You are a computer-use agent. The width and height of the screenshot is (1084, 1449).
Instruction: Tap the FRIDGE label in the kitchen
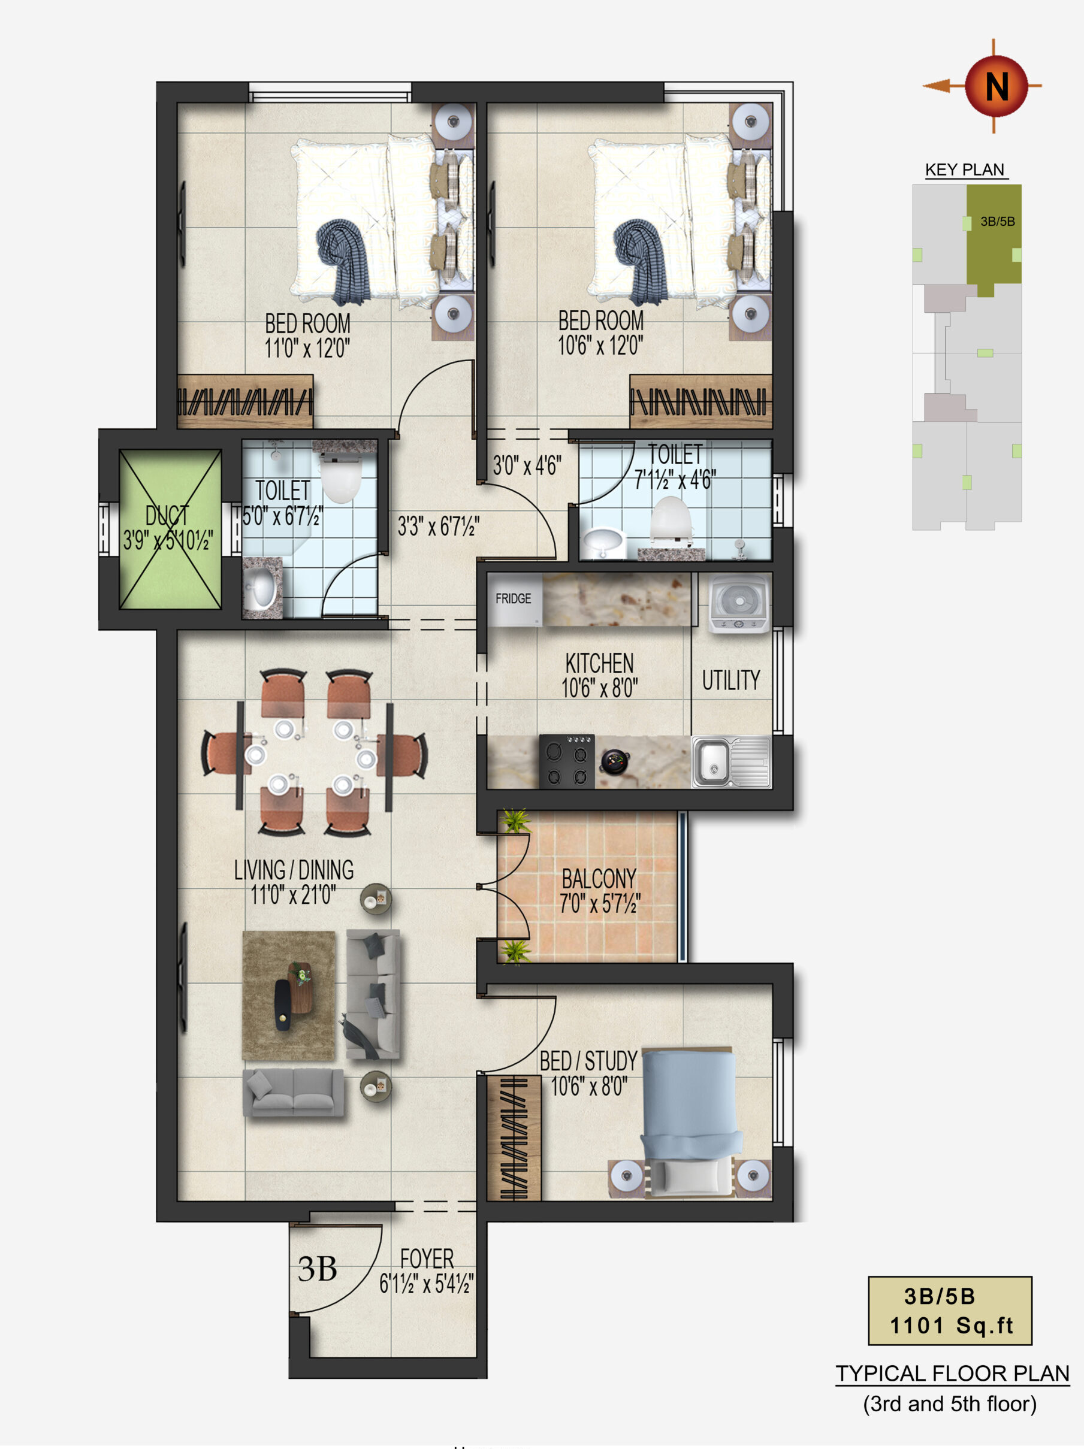pyautogui.click(x=513, y=599)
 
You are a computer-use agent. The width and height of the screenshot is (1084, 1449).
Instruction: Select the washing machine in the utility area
pyautogui.click(x=739, y=603)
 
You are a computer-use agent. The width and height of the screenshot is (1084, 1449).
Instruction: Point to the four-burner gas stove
pyautogui.click(x=567, y=761)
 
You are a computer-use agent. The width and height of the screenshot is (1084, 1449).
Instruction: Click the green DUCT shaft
pyautogui.click(x=170, y=530)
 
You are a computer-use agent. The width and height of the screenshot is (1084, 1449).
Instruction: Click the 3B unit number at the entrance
pyautogui.click(x=317, y=1269)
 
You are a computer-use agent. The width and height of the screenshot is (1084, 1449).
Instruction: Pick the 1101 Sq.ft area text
pyautogui.click(x=951, y=1326)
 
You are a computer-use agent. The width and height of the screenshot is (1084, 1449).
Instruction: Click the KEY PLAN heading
pyautogui.click(x=964, y=170)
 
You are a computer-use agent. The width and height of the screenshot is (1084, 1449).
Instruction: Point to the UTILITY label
pyautogui.click(x=730, y=680)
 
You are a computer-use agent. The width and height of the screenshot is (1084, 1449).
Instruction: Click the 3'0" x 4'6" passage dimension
pyautogui.click(x=527, y=466)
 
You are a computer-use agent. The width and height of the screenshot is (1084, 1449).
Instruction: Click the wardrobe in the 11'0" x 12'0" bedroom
pyautogui.click(x=244, y=401)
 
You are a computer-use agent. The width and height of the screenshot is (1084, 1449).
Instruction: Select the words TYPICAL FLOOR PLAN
pyautogui.click(x=952, y=1373)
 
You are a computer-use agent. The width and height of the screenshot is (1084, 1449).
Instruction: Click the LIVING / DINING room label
pyautogui.click(x=294, y=870)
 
